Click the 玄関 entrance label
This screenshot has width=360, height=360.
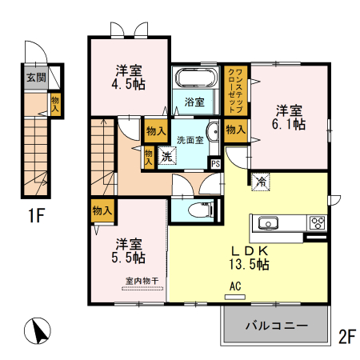point(35,78)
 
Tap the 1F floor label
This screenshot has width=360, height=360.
point(34,215)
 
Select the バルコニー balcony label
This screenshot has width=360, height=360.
point(276,326)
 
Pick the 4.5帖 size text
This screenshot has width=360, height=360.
point(129,84)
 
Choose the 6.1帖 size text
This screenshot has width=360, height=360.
point(290,125)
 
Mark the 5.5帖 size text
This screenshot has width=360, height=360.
point(129,258)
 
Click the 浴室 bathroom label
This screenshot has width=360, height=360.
point(194,102)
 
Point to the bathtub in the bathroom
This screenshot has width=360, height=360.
point(195,79)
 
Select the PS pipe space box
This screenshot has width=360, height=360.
point(215,163)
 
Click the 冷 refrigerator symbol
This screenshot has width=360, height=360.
point(261,180)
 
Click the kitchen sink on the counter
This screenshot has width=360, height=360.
point(266,223)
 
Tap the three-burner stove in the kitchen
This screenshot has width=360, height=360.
point(316,223)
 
